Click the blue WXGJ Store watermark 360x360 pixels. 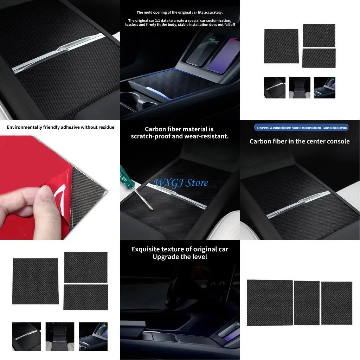click(x=181, y=183)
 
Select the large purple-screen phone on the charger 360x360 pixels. click(x=223, y=55)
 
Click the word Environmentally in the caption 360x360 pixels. click(x=25, y=127)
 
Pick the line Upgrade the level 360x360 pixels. click(x=180, y=257)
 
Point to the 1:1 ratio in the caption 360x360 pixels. click(x=151, y=20)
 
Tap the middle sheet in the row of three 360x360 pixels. click(x=307, y=303)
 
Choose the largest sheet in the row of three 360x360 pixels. click(x=270, y=303)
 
